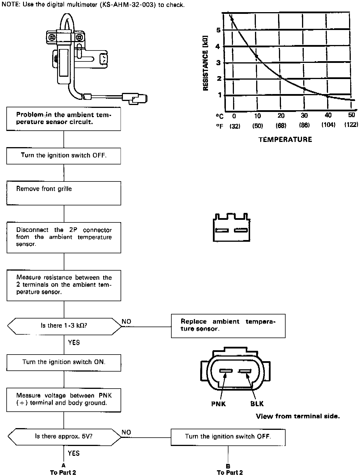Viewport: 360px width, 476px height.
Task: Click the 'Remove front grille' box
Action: coord(64,193)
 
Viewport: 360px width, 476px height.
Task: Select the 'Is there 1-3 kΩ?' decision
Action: coord(64,326)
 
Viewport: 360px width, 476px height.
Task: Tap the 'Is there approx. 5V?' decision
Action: coord(64,436)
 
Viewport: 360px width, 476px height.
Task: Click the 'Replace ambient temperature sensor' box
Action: coord(228,326)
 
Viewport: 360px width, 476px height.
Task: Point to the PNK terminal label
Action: coord(219,404)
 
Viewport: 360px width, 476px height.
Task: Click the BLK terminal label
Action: coord(257,404)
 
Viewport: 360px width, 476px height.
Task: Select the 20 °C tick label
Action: coord(281,116)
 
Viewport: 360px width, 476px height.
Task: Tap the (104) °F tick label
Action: coord(328,125)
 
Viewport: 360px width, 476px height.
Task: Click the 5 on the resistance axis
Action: coord(218,30)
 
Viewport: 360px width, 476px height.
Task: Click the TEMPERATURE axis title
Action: coord(285,140)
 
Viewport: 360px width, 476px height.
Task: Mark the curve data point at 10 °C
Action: coord(256,56)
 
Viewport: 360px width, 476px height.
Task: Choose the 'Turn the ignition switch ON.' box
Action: coord(64,362)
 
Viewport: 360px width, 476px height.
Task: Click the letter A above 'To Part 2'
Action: coord(63,465)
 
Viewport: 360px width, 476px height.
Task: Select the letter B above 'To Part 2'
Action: coord(228,466)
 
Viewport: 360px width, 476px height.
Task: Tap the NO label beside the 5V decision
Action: coord(126,432)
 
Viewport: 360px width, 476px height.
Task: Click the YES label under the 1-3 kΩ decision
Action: coord(74,342)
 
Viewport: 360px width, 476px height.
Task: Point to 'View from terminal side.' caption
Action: coord(298,416)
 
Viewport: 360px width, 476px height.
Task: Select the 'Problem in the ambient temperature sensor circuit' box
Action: coord(64,118)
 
